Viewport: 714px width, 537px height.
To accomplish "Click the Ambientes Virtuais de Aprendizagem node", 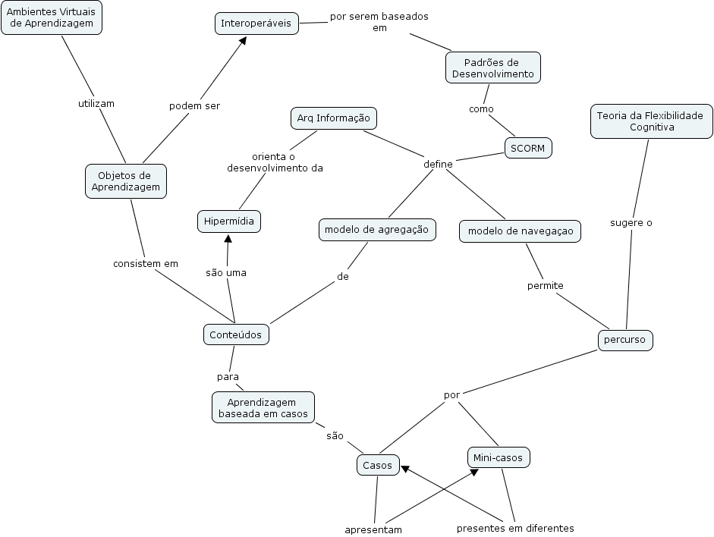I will click(x=51, y=17).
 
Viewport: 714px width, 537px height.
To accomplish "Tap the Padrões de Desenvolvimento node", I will click(x=492, y=68).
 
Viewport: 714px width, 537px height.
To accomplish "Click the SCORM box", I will click(x=528, y=148).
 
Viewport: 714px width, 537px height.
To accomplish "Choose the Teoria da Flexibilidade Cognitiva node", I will click(x=651, y=121).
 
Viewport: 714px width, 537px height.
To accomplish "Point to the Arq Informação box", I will click(x=333, y=118).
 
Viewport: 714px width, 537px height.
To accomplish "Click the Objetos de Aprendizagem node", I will click(x=125, y=181).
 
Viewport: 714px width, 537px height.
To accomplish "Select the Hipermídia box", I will click(x=229, y=221).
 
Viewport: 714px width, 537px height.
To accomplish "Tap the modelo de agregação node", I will click(x=377, y=229).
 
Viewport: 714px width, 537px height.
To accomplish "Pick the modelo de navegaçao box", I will click(x=520, y=231).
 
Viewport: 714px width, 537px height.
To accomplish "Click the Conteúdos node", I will click(x=235, y=334).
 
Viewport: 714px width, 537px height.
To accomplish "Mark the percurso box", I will click(x=624, y=340).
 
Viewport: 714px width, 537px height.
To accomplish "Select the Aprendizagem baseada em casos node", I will click(x=263, y=407).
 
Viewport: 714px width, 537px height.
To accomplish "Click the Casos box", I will click(x=377, y=465).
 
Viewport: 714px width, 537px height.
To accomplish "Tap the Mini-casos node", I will click(x=498, y=457).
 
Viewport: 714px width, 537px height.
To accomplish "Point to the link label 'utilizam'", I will click(x=96, y=103).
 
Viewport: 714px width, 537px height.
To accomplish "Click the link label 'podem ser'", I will click(x=194, y=105).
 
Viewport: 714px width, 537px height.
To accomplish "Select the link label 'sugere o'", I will click(x=631, y=223).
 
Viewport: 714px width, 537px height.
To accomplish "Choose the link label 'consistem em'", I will click(x=145, y=264).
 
